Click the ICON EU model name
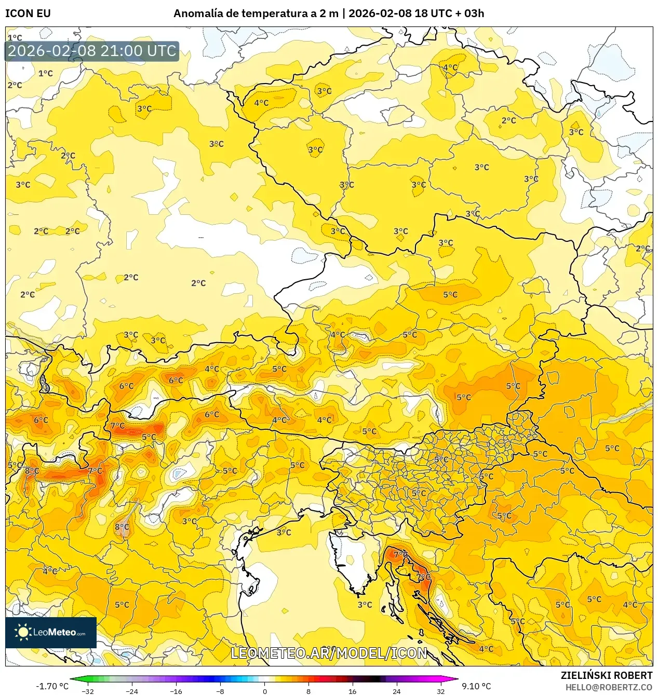click(x=28, y=13)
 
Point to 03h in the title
click(x=474, y=13)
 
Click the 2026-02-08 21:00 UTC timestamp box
click(x=92, y=51)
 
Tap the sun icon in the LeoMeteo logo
click(x=23, y=632)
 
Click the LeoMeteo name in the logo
click(x=55, y=632)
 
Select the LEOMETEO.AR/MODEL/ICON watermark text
click(x=329, y=653)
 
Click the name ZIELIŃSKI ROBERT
click(x=606, y=675)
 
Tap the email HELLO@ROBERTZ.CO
click(x=609, y=687)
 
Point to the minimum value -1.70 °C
click(x=52, y=686)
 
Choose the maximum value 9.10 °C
click(x=476, y=686)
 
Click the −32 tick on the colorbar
click(x=88, y=691)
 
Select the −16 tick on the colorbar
click(x=177, y=691)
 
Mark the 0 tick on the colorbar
click(x=265, y=691)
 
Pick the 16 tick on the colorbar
click(x=353, y=691)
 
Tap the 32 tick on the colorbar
click(x=440, y=691)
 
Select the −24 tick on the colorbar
click(x=132, y=691)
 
